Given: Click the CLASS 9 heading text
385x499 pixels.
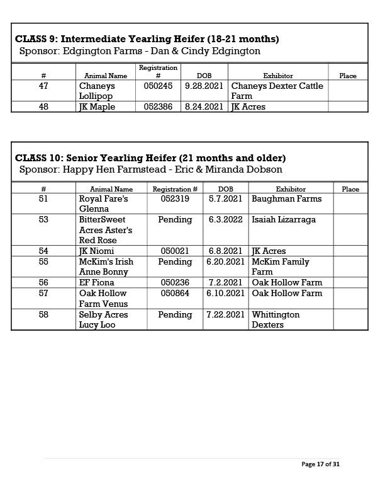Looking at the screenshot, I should point(147,39).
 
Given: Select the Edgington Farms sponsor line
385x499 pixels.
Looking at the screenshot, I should point(140,51).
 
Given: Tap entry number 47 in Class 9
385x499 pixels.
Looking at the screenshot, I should point(43,86).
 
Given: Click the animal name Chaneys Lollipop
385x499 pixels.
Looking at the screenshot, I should point(96,91).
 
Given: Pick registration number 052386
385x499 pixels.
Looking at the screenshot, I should point(158,107).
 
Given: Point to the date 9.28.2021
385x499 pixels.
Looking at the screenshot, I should point(204,86).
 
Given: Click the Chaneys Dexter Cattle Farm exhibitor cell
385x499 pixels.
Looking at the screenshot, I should point(277,91).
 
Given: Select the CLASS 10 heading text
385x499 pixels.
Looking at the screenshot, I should point(150,158).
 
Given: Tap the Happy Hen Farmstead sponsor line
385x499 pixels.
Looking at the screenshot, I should point(150,169).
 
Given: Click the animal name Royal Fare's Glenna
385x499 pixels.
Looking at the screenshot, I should point(103,204).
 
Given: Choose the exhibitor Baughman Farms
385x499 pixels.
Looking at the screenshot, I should point(286,198).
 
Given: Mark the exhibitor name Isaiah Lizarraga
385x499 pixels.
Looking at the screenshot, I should point(283,220).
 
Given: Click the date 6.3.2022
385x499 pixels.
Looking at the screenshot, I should point(226,220).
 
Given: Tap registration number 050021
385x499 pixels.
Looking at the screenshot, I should point(175,251).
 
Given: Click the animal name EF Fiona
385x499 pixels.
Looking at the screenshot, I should point(96,283).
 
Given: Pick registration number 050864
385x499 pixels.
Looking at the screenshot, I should point(175,294).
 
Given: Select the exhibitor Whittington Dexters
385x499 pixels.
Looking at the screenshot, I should point(276,319).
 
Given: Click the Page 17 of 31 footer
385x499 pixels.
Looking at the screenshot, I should point(320,464).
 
